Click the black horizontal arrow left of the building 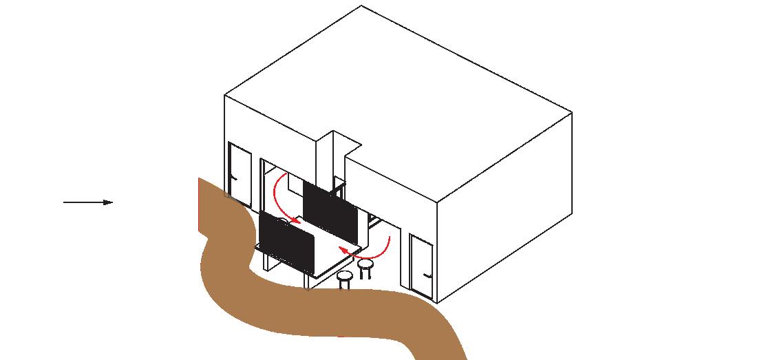[x=86, y=202]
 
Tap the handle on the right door [x=427, y=275]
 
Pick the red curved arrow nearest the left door [x=282, y=200]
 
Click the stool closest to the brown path [x=345, y=279]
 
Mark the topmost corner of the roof [x=361, y=6]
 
